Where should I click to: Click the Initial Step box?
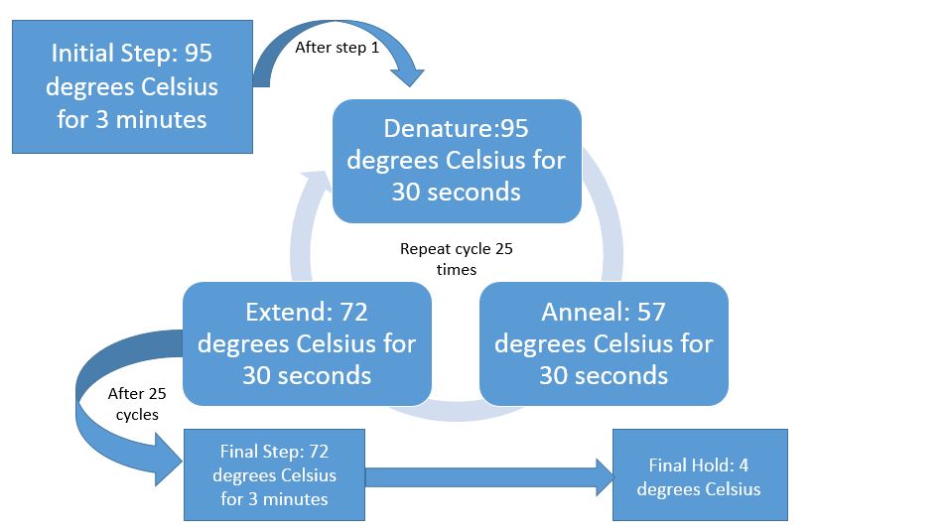(132, 85)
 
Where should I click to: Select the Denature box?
(456, 161)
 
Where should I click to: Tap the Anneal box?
(604, 343)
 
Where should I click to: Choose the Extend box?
(307, 343)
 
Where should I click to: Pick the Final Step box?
(274, 474)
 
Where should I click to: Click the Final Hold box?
(699, 475)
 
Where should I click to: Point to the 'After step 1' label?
(338, 48)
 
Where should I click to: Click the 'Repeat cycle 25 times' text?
(456, 258)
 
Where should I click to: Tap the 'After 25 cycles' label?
(137, 404)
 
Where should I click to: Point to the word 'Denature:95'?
(456, 129)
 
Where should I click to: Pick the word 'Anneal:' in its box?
(584, 313)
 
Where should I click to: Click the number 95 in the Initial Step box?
(199, 53)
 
